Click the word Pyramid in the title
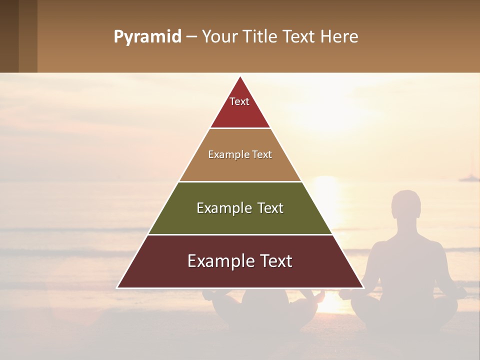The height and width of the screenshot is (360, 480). click(147, 37)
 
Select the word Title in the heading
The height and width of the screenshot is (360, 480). click(260, 37)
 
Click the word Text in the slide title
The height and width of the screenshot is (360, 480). click(299, 37)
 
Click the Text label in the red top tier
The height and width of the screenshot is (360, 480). click(239, 101)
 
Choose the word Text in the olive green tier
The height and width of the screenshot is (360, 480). click(270, 208)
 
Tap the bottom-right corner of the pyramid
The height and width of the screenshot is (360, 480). click(363, 287)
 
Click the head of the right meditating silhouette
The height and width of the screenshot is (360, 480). click(406, 204)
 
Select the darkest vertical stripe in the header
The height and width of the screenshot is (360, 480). click(9, 36)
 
